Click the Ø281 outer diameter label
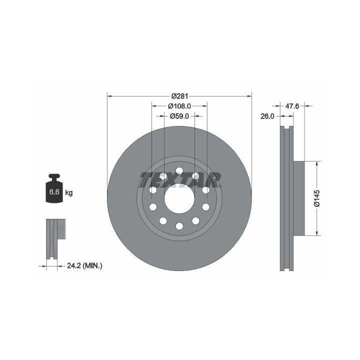click(180, 95)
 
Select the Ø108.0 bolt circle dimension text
click(179, 106)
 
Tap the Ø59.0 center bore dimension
click(179, 116)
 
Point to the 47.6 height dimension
click(292, 106)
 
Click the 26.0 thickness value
click(267, 116)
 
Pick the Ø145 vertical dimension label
click(317, 198)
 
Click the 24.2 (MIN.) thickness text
click(84, 266)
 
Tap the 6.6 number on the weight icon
click(54, 191)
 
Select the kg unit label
click(69, 193)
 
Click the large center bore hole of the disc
click(179, 198)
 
